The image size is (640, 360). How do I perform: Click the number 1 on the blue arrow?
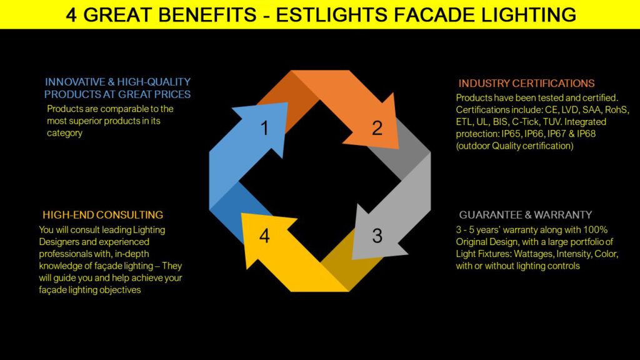coord(264,128)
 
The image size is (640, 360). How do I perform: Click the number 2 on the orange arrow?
coord(377,128)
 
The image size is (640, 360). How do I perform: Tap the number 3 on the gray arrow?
coord(377,236)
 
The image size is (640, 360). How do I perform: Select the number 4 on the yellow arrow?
coord(264,237)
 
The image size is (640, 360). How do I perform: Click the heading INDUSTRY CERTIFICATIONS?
coord(526,83)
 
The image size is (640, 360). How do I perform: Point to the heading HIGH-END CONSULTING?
coord(103,215)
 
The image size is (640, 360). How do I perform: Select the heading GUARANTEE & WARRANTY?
coord(526,215)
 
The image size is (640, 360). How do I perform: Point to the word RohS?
coord(617,110)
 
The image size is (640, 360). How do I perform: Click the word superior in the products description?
coord(87,121)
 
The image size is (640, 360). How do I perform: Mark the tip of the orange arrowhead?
coord(398,148)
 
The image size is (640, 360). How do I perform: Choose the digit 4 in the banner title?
coord(72,15)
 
